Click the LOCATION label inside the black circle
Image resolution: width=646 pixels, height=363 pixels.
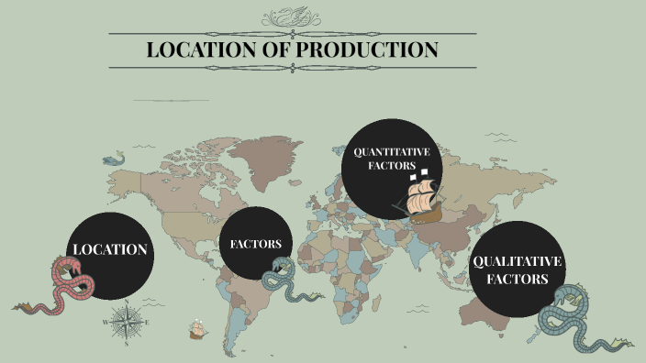pyautogui.click(x=110, y=250)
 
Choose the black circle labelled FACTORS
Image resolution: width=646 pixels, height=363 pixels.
pyautogui.click(x=261, y=244)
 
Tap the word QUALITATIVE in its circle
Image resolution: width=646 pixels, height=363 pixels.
pyautogui.click(x=517, y=262)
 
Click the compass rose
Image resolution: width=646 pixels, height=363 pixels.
pyautogui.click(x=126, y=322)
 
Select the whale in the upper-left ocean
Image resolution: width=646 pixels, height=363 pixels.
pyautogui.click(x=114, y=159)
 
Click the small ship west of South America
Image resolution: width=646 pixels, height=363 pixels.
pyautogui.click(x=195, y=328)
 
